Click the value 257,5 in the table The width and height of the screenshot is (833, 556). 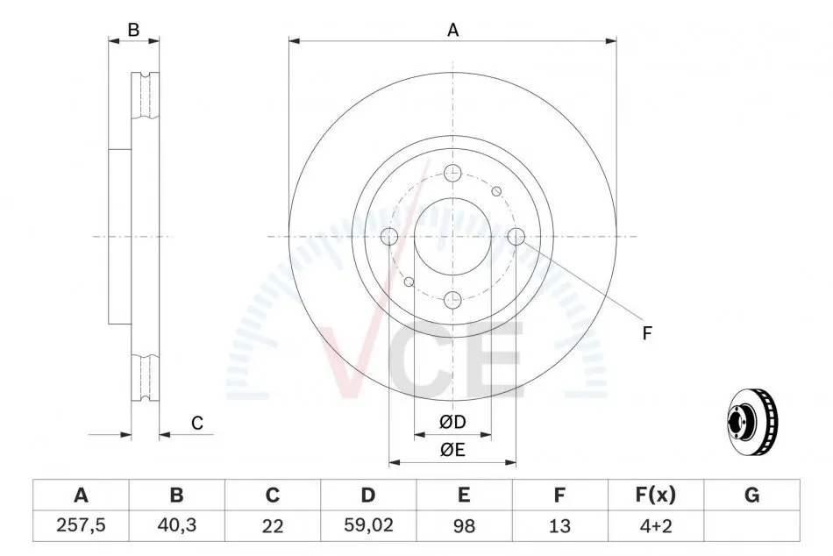(x=81, y=525)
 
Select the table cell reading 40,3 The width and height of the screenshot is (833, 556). (x=177, y=525)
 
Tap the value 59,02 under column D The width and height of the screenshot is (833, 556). (x=368, y=525)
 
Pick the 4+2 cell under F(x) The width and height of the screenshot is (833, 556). (x=656, y=526)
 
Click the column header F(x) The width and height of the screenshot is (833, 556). (x=656, y=495)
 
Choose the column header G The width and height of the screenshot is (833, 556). (x=751, y=495)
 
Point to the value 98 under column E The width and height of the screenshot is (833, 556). (x=464, y=526)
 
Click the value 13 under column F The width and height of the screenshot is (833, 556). (x=559, y=526)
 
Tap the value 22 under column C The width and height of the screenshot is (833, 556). (x=273, y=526)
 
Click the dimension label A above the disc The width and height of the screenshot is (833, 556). (x=452, y=30)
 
